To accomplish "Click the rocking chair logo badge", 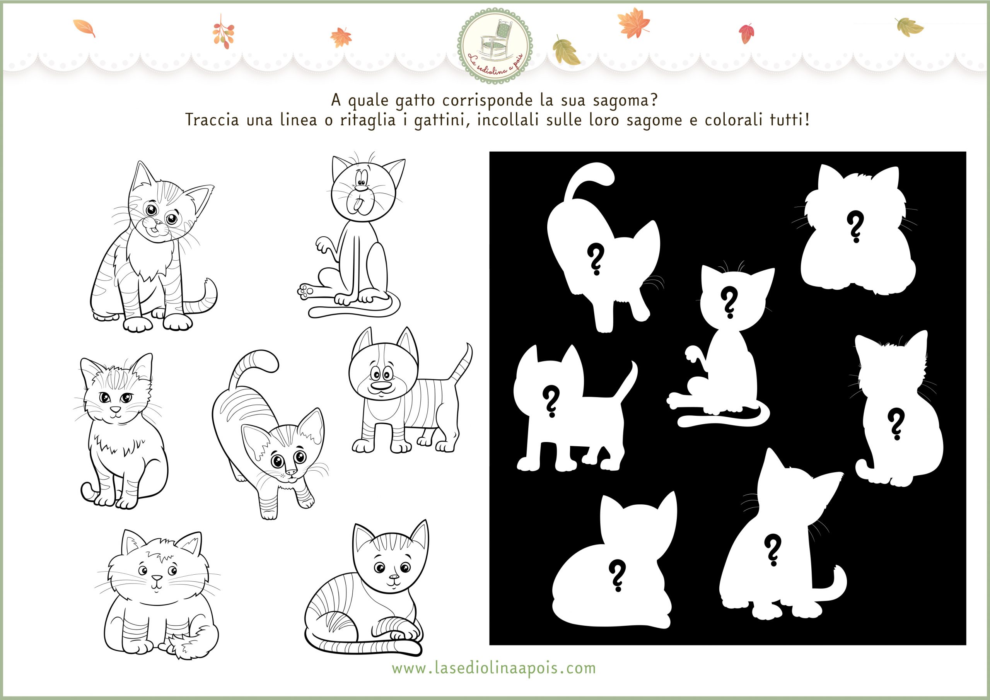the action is (495, 46).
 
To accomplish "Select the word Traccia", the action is (212, 120).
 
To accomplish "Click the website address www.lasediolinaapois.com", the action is (494, 668).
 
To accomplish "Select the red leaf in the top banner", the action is (746, 33).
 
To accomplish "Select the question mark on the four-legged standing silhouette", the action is (551, 402).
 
